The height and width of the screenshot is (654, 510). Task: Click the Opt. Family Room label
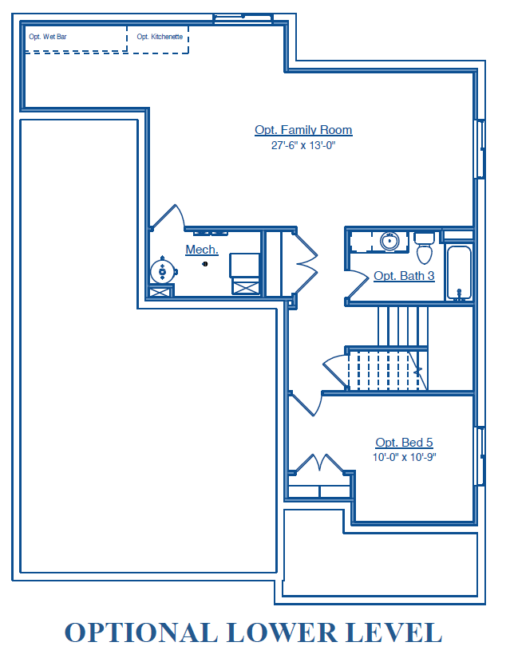303,130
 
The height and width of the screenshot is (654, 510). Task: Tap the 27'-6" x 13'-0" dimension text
303,145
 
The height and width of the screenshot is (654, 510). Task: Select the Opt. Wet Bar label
48,37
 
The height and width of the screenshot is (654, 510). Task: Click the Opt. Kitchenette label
160,37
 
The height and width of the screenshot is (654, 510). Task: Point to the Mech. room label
202,250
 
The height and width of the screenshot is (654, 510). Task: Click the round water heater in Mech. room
162,271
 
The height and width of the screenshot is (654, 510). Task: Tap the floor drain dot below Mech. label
205,264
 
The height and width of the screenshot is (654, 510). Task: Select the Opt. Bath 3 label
404,276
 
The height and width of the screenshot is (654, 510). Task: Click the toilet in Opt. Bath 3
425,249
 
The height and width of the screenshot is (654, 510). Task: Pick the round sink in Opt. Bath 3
389,241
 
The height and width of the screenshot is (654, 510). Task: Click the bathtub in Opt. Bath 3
459,273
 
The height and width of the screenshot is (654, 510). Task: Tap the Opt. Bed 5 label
404,442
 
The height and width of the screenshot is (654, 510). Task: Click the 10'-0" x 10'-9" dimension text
404,457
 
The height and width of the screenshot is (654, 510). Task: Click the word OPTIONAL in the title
141,632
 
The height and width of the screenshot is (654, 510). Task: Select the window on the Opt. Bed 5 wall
480,456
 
